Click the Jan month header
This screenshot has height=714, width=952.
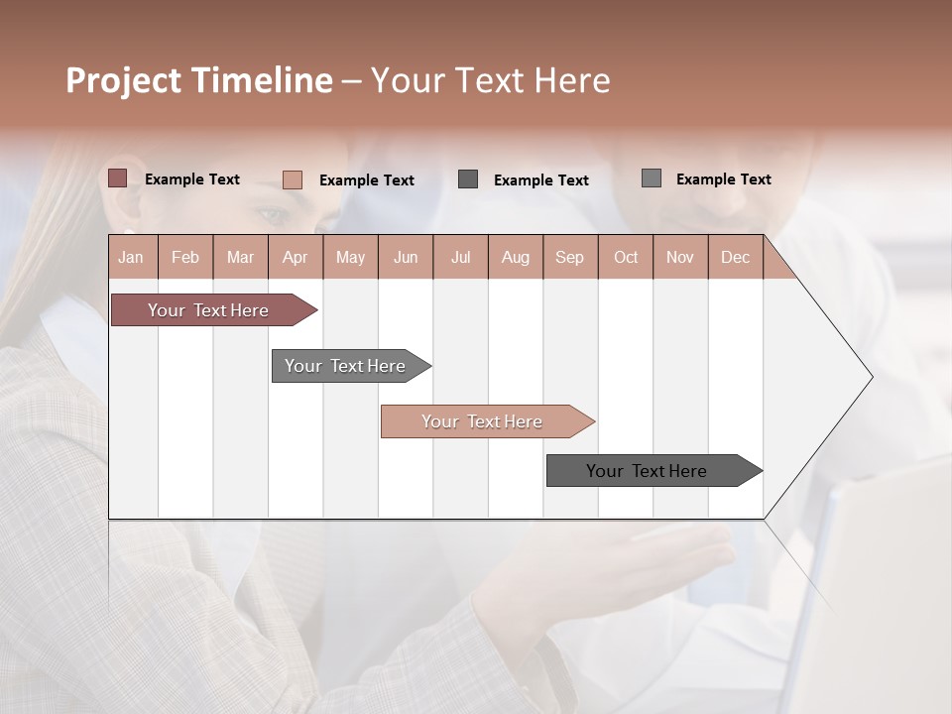point(131,257)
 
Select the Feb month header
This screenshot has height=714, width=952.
point(185,257)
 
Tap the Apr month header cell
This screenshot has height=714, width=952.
point(295,257)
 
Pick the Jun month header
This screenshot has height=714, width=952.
point(406,257)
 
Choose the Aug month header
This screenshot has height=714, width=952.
point(515,257)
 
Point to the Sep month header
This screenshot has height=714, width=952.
point(569,257)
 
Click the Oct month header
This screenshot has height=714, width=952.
point(626,257)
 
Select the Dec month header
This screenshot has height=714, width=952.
point(735,257)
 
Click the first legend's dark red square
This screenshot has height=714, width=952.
point(117,178)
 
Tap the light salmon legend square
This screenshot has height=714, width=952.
point(292,179)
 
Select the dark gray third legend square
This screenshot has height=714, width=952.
point(468,179)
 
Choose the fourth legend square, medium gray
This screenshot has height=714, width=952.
point(651,178)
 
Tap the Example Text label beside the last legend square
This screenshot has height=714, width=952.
point(723,179)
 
